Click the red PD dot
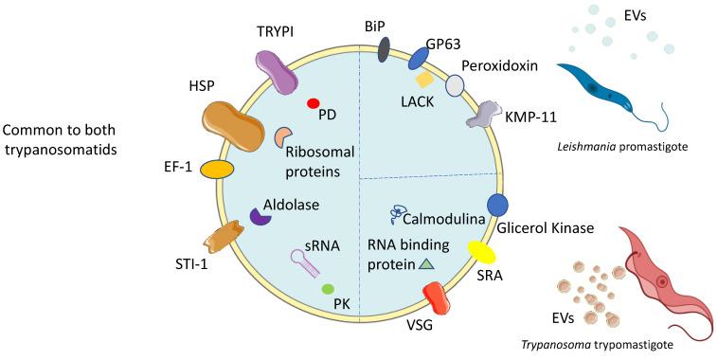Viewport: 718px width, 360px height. pyautogui.click(x=313, y=103)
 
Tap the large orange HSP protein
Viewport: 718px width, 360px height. pyautogui.click(x=232, y=126)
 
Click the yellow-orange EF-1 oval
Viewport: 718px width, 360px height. pyautogui.click(x=216, y=170)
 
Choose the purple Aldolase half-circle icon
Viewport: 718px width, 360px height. pyautogui.click(x=259, y=217)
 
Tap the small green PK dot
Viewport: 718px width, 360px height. pyautogui.click(x=328, y=288)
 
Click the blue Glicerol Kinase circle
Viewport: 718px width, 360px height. pyautogui.click(x=498, y=204)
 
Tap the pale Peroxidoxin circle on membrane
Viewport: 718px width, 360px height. pyautogui.click(x=456, y=85)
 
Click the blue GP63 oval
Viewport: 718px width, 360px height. pyautogui.click(x=419, y=60)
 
